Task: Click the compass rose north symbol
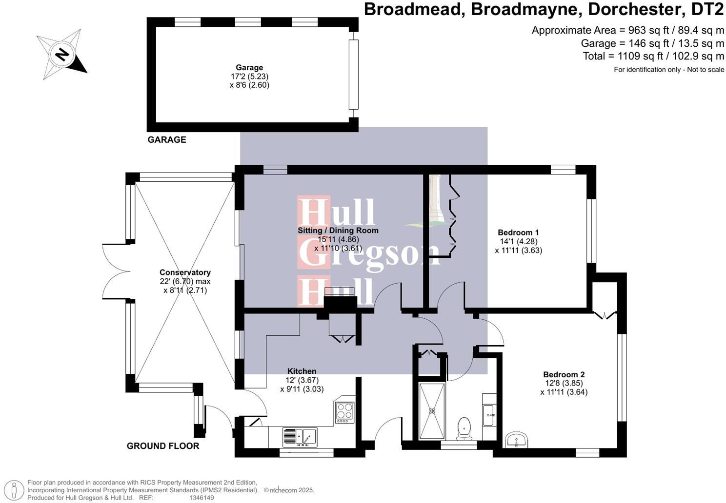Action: [x=61, y=54]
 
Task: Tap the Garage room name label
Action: [x=249, y=68]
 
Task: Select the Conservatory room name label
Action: [x=185, y=272]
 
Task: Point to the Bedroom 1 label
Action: [x=518, y=232]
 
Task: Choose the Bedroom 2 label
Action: [x=564, y=374]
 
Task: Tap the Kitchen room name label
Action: [x=302, y=371]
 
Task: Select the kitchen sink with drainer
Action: [x=300, y=437]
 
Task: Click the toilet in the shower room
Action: [x=463, y=427]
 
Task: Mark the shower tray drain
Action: [x=432, y=411]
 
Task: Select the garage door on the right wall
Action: [x=353, y=75]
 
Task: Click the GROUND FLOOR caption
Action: [x=163, y=446]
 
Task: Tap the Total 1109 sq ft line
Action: [x=653, y=56]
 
